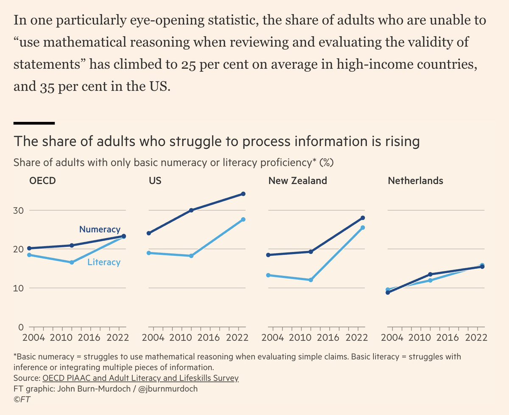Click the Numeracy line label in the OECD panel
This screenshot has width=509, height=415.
coord(100,229)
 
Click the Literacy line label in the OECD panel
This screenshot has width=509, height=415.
coord(104,262)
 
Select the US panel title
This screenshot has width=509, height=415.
coord(155,181)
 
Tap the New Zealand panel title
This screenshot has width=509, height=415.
coord(297,181)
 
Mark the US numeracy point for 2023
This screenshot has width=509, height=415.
coord(243,194)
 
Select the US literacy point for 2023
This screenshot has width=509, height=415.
coord(243,219)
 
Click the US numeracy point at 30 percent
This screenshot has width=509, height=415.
coord(191,210)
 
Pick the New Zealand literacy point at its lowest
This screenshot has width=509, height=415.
coord(311,280)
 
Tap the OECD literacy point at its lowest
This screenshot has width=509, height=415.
coord(72,263)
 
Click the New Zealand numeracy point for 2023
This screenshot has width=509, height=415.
coord(363,218)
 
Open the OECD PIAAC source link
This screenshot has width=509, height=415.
coord(140,378)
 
